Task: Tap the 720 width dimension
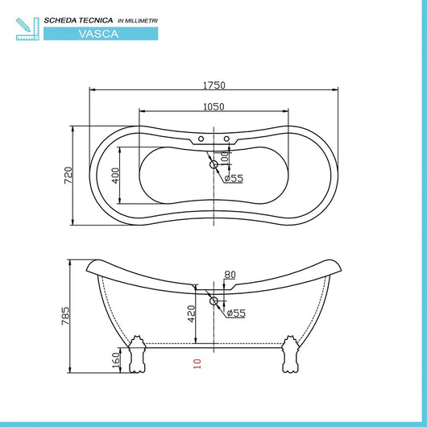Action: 68,175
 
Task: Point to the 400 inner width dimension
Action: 116,175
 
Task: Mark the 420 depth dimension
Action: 192,313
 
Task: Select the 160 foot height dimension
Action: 115,359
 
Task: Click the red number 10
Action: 196,363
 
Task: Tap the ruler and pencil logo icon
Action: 26,27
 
